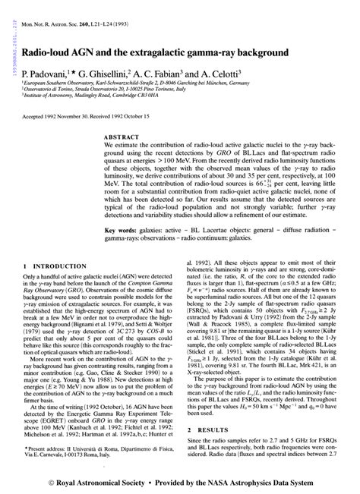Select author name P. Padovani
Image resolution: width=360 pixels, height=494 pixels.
(47, 75)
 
